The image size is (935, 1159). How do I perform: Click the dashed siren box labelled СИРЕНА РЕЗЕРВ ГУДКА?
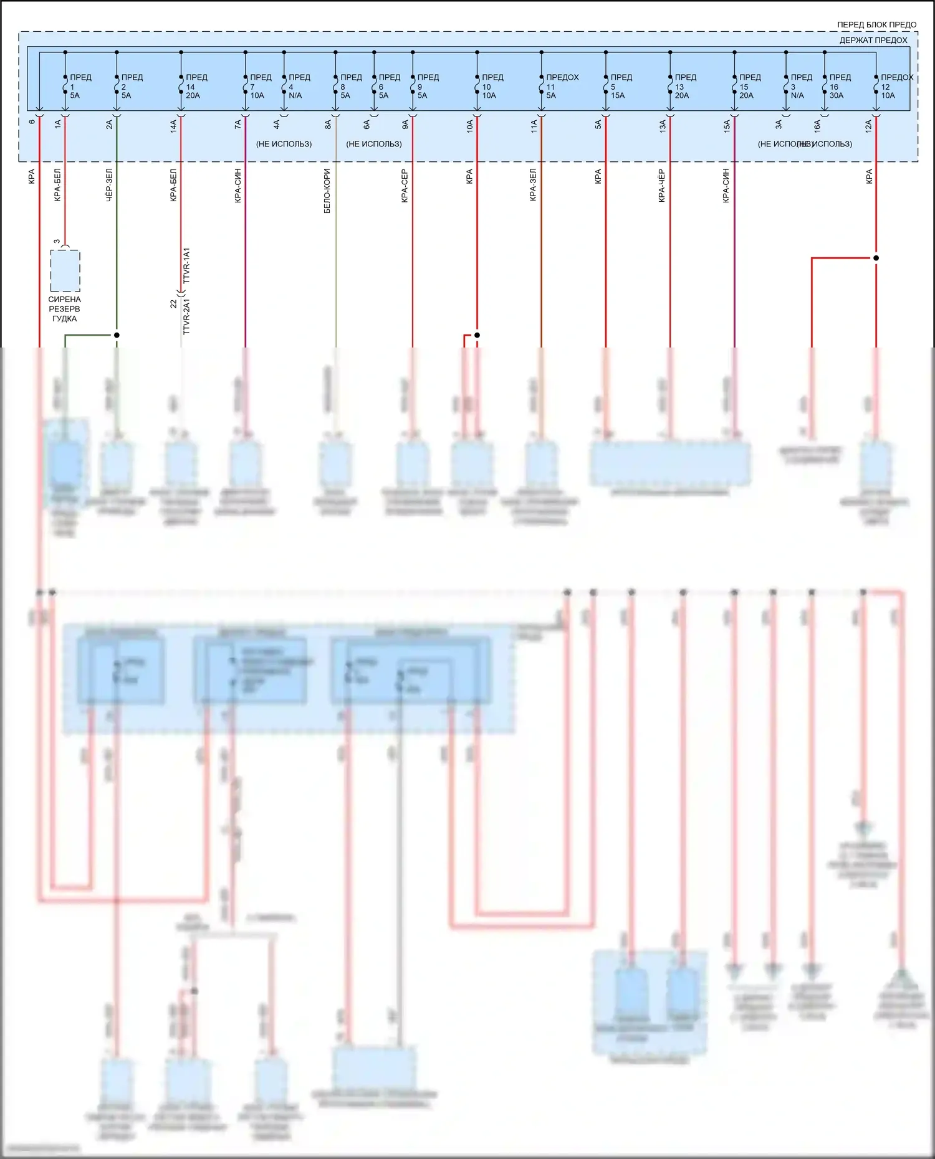coord(65,271)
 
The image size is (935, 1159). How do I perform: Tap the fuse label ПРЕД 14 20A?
coord(196,87)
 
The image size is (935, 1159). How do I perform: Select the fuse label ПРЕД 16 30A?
coord(839,87)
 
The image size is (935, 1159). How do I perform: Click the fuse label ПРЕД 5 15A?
coord(620,87)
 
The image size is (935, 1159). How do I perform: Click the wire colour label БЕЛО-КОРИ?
coord(327,191)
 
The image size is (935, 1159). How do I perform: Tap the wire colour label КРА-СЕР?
coord(405,186)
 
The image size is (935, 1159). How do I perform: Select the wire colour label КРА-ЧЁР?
coord(662,186)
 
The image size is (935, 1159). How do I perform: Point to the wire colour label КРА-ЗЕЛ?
coord(533,185)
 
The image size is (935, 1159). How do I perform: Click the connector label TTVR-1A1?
coord(186,266)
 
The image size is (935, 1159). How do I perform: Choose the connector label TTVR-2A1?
coord(186,316)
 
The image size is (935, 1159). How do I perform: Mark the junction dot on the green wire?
coord(117,335)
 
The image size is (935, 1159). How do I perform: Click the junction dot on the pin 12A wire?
coord(876,258)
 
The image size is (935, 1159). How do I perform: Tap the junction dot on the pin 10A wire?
coord(477,335)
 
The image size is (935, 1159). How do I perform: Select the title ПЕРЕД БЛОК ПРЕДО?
coord(876,25)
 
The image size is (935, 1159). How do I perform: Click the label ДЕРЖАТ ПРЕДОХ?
coord(873,40)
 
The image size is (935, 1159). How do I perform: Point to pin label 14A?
coord(174,126)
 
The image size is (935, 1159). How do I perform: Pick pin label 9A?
coord(405,125)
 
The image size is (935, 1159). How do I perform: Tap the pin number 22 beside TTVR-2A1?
coord(173,304)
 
